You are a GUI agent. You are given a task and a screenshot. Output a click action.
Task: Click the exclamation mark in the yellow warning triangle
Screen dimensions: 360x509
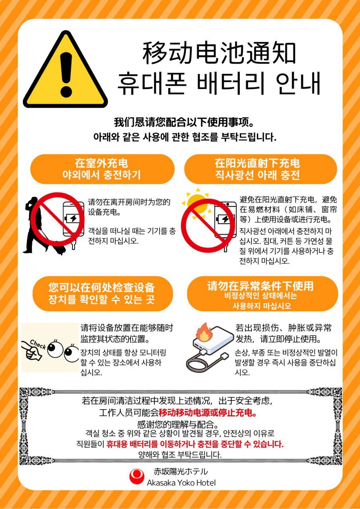pos(66,74)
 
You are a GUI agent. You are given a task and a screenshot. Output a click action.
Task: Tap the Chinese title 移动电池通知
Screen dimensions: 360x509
pos(219,53)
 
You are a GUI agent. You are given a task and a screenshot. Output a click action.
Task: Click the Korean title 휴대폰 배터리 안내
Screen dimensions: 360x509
pos(219,83)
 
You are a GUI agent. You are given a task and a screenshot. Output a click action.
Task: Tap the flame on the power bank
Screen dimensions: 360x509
pos(204,333)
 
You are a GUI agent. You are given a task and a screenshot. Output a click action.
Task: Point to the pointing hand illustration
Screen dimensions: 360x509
pos(31,351)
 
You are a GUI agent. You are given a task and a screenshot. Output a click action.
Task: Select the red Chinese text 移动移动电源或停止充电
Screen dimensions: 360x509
pos(208,413)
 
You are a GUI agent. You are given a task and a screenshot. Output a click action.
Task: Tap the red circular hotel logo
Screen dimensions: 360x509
pos(137,476)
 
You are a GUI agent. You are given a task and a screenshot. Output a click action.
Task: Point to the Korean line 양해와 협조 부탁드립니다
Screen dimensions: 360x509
pos(180,455)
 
